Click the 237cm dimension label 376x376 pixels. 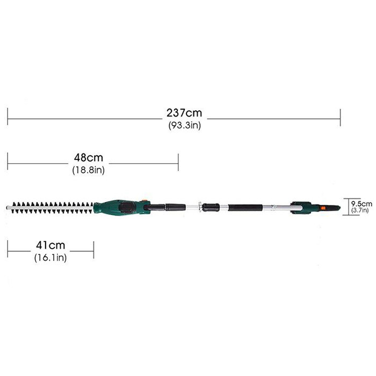[184, 113]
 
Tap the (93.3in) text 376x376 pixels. [184, 125]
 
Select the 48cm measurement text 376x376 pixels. [89, 157]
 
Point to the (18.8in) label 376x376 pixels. [89, 170]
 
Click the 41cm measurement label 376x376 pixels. [50, 245]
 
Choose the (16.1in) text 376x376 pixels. [50, 257]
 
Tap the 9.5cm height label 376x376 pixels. [361, 204]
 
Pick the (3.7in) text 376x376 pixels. [360, 211]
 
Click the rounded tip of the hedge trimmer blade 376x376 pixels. [8, 207]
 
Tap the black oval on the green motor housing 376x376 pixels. [127, 207]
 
